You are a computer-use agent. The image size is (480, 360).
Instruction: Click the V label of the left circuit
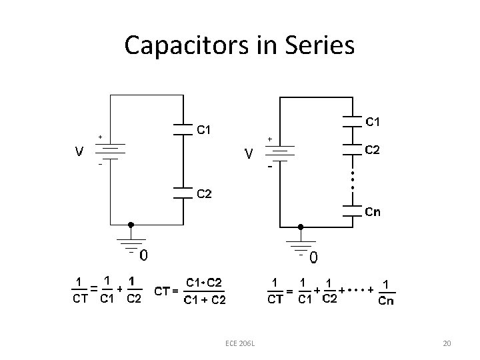point(79,151)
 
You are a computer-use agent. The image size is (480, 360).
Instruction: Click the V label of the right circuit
point(248,154)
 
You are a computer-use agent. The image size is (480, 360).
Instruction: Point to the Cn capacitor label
point(373,212)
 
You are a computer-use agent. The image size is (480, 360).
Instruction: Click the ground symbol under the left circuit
point(131,244)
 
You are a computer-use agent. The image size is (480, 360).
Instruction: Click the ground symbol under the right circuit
point(302,245)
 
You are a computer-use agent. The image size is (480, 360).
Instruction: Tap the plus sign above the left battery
point(100,137)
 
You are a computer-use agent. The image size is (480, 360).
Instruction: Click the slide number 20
point(447,343)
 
